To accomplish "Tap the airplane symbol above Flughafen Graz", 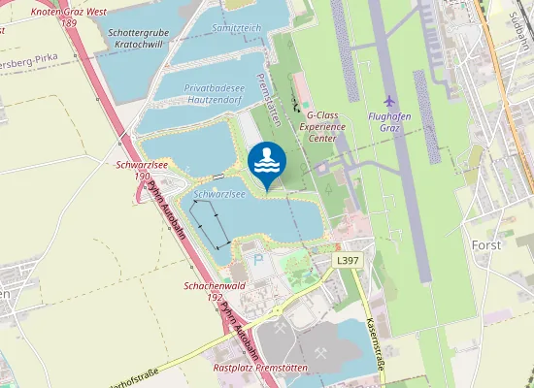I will point(390,101).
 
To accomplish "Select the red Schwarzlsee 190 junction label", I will point(135,171).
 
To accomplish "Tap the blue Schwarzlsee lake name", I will point(218,194).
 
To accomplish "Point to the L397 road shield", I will point(349,261).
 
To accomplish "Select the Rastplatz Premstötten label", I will point(259,369).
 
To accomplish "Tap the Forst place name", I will point(486,244).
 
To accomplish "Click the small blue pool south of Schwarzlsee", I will point(257,259).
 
